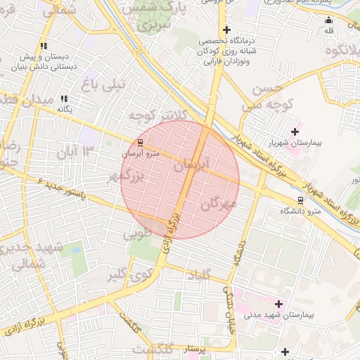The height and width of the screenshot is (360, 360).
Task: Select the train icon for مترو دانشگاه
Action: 300,200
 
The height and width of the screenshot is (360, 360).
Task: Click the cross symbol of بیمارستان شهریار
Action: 294,131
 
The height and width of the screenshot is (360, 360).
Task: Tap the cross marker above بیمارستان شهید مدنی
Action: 279,304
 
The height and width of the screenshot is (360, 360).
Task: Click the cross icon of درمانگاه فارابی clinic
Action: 226,30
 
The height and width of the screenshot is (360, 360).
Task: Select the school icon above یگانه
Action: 65,98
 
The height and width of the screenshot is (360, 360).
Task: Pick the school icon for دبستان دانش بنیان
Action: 44,46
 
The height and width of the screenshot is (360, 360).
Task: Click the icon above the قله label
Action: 329,20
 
